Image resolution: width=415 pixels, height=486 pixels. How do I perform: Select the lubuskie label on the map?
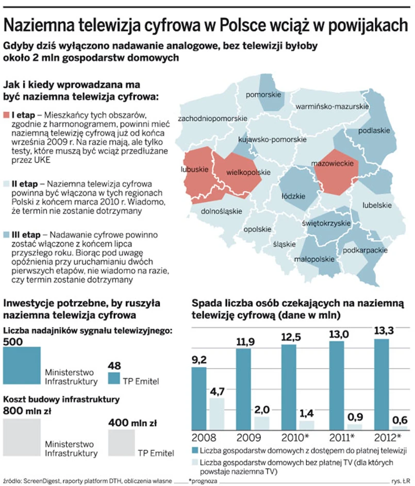point(194,169)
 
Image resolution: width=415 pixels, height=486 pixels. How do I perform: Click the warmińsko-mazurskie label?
point(332,107)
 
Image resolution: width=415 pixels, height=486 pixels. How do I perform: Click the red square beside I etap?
point(7,114)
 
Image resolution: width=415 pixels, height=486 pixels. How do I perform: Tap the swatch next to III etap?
point(7,234)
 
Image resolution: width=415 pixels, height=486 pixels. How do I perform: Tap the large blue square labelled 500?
point(22,366)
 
